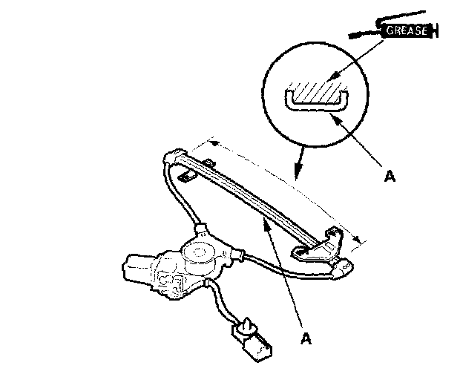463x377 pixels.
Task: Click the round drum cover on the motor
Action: coord(200,252)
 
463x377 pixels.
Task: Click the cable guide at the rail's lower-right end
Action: coord(343,268)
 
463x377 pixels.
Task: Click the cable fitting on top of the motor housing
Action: coord(200,226)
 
